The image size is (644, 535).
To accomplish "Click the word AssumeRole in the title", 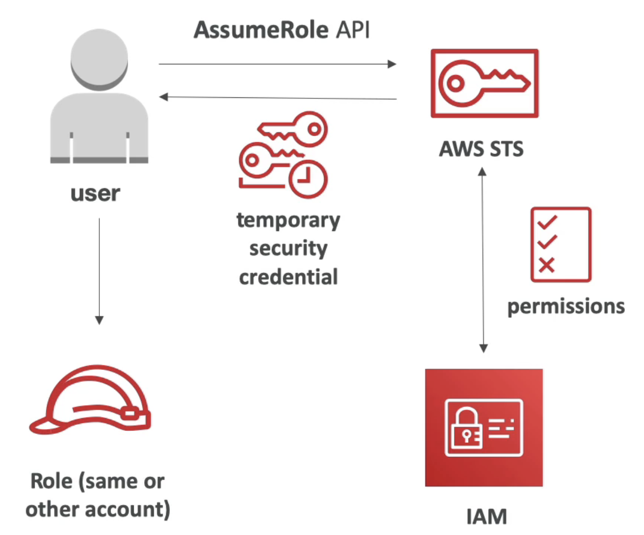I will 261,30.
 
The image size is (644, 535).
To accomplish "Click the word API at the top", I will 353,30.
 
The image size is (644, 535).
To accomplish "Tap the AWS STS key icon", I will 484,83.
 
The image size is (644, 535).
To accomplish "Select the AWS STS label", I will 481,149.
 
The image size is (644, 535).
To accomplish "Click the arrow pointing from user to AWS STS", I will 277,64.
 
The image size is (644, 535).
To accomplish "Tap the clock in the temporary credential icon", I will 307,179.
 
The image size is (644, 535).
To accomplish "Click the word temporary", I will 288,221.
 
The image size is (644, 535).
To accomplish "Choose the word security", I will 288,249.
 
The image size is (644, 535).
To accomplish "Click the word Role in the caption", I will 52,482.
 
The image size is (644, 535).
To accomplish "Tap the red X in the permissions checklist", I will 547,265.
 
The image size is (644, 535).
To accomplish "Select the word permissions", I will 566,307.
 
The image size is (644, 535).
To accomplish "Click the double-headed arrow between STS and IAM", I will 483,260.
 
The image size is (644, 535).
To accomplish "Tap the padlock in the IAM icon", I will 466,427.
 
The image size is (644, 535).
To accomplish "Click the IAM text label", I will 487,517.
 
